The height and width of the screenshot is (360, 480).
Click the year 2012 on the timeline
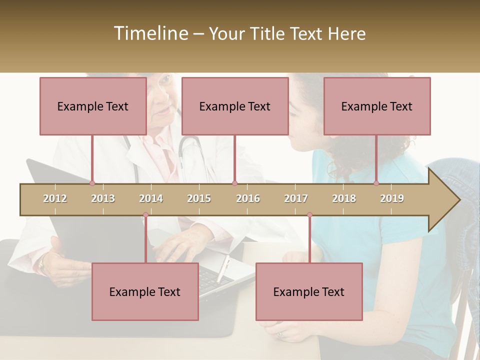click(55, 198)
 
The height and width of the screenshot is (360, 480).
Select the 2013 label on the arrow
click(103, 198)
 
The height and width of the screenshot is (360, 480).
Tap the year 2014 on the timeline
click(151, 198)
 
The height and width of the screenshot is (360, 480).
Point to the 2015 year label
click(199, 198)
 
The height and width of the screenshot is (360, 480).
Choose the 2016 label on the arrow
click(248, 198)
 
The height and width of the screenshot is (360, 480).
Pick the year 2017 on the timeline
click(296, 198)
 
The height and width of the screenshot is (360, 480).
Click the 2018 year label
click(344, 198)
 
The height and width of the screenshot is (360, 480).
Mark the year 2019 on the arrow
click(392, 198)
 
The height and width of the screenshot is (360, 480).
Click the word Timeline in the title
click(150, 33)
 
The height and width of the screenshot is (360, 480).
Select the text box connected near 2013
click(93, 106)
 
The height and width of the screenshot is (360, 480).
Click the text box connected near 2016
click(235, 106)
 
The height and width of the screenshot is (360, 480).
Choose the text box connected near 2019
click(377, 106)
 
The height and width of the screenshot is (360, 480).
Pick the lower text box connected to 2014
click(145, 291)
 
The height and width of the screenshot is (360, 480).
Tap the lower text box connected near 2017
click(309, 291)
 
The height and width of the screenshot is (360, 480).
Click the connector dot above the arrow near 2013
click(92, 183)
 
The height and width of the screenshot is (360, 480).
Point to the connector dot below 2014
click(145, 215)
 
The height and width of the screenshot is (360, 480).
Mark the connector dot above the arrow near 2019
click(376, 183)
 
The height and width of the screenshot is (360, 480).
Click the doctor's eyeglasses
click(162, 80)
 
